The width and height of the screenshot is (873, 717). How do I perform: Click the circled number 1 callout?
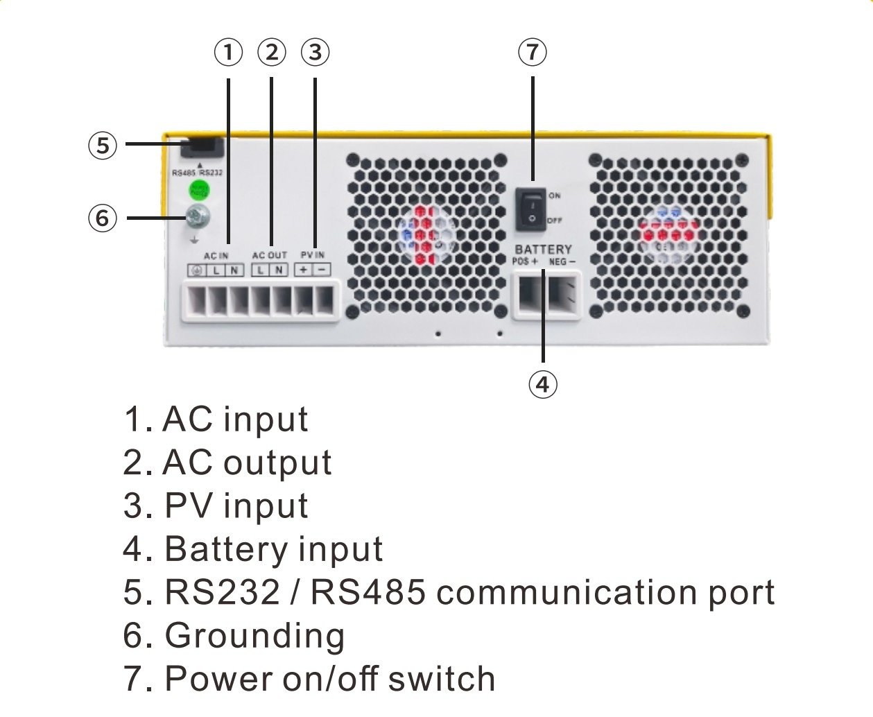click(x=228, y=53)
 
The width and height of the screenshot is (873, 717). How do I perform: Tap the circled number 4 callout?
click(x=542, y=383)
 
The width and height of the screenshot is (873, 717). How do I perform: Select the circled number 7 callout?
click(x=532, y=53)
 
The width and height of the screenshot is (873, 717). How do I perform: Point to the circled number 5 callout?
click(x=103, y=146)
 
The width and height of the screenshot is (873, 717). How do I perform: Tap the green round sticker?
click(x=199, y=190)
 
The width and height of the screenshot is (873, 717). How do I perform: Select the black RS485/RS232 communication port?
click(x=202, y=149)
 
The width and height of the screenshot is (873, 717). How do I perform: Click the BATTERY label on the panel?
click(x=543, y=249)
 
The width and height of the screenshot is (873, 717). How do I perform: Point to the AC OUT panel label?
click(x=269, y=256)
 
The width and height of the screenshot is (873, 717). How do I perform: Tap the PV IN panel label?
click(x=312, y=255)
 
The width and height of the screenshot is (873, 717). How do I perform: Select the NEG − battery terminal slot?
click(x=562, y=295)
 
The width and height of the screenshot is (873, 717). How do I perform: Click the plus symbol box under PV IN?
click(x=303, y=270)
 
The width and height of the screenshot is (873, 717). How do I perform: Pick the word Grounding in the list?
click(x=254, y=636)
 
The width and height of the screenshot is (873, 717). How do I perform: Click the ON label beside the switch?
click(x=555, y=196)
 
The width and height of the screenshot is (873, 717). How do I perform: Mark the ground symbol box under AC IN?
click(x=197, y=270)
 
